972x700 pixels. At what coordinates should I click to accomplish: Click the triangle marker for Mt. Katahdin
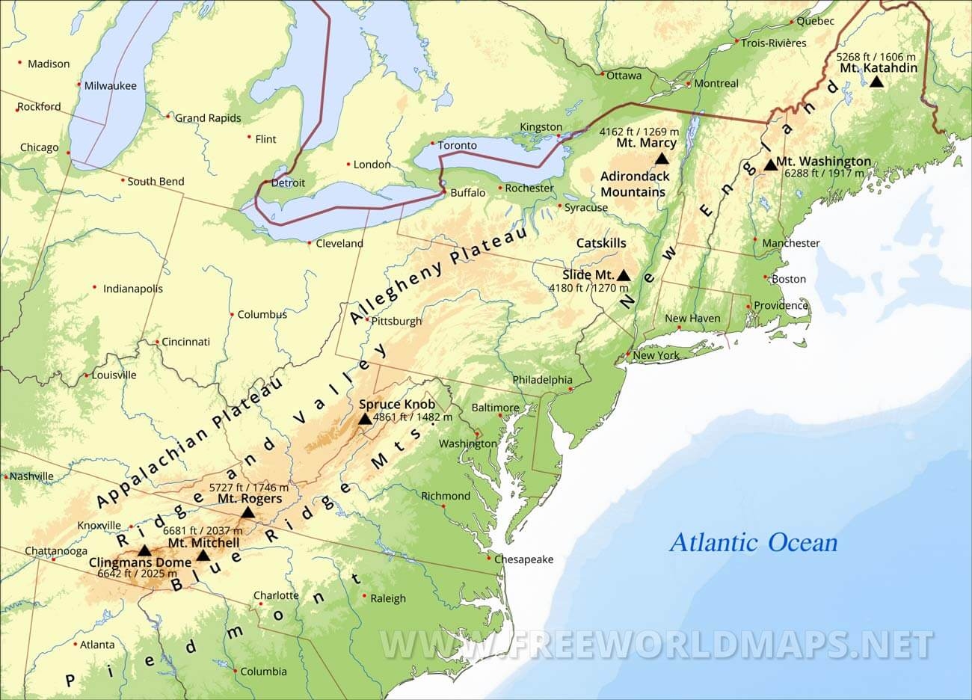[x=876, y=81]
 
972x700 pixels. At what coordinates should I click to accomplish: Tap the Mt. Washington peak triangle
[x=770, y=165]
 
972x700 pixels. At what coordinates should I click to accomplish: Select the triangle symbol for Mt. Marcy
[x=661, y=159]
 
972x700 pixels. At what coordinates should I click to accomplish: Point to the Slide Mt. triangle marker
[x=623, y=275]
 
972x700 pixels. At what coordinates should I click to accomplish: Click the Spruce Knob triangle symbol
[x=365, y=419]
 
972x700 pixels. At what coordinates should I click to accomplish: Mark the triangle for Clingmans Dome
[x=144, y=550]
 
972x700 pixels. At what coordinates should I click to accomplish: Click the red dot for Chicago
[x=68, y=153]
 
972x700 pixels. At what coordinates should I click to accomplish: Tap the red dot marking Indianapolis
[x=95, y=287]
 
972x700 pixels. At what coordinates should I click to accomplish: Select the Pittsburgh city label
[x=396, y=322]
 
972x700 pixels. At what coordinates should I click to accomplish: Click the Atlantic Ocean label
[x=753, y=542]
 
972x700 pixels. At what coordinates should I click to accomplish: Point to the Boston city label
[x=789, y=279]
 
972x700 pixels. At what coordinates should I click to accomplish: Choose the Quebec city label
[x=815, y=21]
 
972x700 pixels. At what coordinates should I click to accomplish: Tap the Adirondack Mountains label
[x=635, y=184]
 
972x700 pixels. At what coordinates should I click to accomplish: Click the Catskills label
[x=601, y=243]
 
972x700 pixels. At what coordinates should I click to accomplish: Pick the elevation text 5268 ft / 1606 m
[x=876, y=56]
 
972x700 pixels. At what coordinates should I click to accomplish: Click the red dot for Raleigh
[x=364, y=596]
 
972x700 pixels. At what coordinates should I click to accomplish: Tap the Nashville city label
[x=31, y=476]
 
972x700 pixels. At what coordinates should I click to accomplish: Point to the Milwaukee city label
[x=110, y=85]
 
